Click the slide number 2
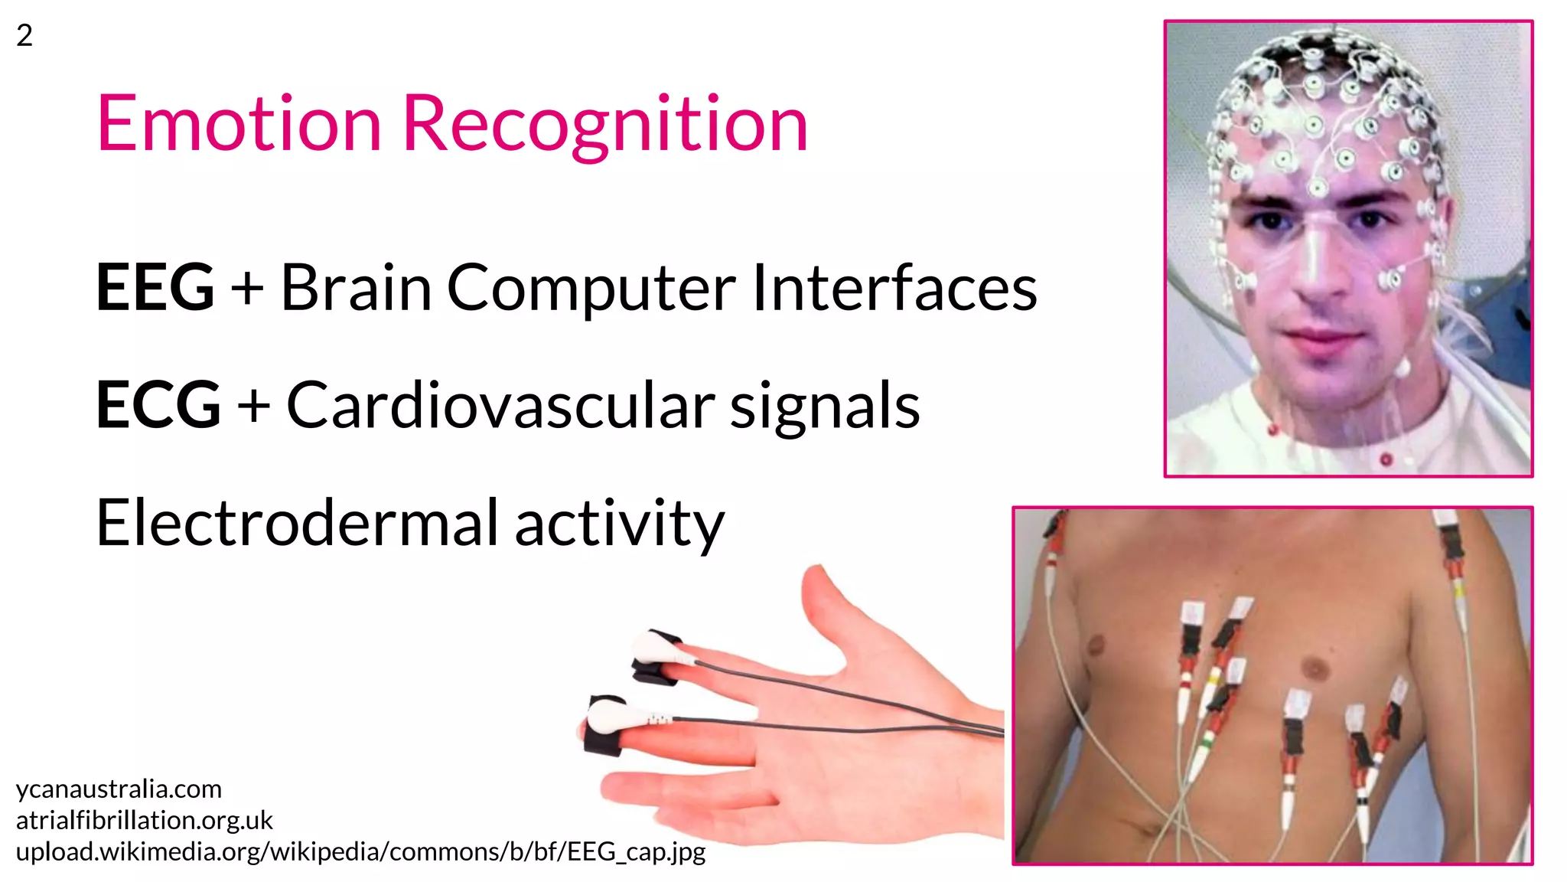[24, 35]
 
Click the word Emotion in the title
[239, 124]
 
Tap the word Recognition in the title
[604, 124]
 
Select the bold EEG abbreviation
[155, 288]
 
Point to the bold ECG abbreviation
[158, 405]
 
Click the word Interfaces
[894, 288]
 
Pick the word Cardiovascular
[500, 405]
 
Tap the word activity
[619, 524]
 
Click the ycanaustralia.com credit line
[119, 789]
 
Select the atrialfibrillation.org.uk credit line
[144, 820]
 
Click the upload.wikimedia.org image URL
[360, 851]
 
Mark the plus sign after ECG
[253, 407]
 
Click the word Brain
[356, 288]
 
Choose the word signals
[824, 407]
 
